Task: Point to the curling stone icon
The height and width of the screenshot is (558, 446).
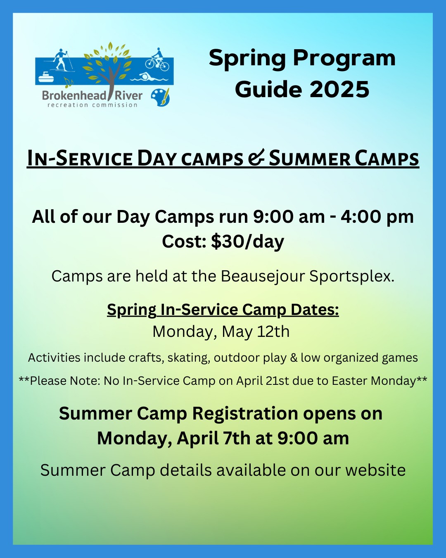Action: [46, 77]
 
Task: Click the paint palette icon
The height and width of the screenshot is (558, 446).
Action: [160, 98]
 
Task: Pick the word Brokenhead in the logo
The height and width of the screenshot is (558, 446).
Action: [74, 95]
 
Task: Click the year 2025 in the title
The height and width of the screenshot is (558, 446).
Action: [339, 89]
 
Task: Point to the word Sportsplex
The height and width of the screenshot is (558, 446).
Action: [352, 277]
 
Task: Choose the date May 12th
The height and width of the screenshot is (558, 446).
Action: [256, 331]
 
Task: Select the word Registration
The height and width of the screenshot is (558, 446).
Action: [245, 414]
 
